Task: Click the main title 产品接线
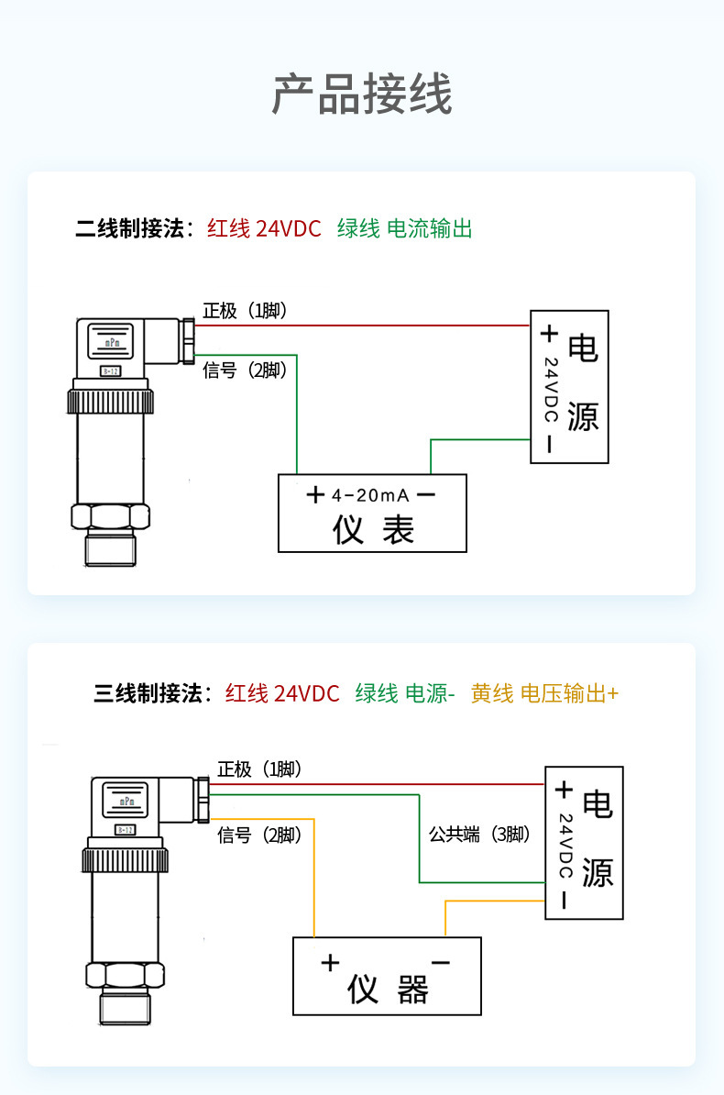point(362,94)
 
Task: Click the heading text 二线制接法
point(134,228)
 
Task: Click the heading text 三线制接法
point(152,693)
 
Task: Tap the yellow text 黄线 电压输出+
point(544,693)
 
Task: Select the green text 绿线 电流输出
point(404,228)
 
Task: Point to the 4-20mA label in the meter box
point(370,495)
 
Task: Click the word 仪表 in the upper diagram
point(373,530)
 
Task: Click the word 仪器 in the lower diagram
point(388,990)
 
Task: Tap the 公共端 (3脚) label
point(479,835)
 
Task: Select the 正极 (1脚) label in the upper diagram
point(245,311)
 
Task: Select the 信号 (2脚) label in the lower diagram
point(259,835)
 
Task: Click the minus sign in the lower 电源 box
point(563,901)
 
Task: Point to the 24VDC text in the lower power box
point(565,845)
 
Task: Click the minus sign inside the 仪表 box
point(426,495)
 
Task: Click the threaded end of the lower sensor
point(126,1009)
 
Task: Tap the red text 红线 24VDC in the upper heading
point(264,228)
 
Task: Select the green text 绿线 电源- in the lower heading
point(404,693)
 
